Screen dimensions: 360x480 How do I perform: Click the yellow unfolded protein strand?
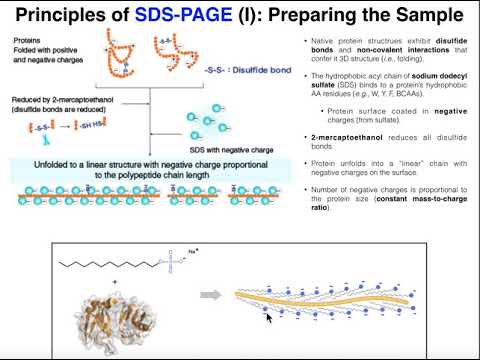pyautogui.click(x=330, y=299)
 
